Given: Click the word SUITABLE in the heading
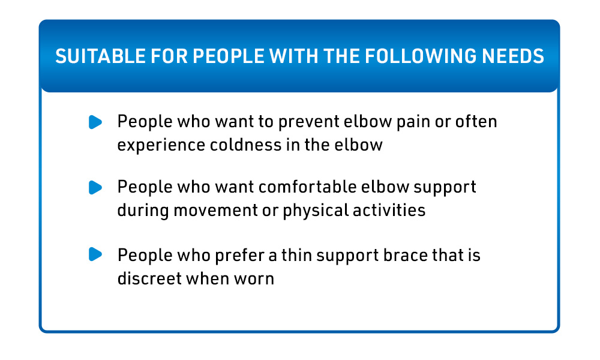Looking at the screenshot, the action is coord(100,56).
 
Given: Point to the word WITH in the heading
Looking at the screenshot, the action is coord(293,56).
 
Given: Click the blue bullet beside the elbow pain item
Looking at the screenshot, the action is coord(95,122).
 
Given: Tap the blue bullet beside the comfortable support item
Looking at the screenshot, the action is coord(95,187).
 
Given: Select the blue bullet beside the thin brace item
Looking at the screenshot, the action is coord(95,254).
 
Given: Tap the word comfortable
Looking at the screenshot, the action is coord(308,187).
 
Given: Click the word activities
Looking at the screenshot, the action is coord(389,210).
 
